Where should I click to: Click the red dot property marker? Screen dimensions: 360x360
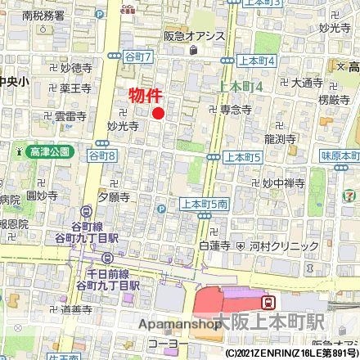[159, 113]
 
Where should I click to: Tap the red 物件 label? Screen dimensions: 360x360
[146, 95]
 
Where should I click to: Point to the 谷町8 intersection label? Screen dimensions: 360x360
[101, 155]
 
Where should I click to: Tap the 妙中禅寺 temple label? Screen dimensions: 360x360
[283, 183]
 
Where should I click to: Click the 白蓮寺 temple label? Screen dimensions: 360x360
[214, 245]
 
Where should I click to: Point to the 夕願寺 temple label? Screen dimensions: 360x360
[114, 197]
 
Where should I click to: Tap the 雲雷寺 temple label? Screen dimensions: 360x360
[70, 117]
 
